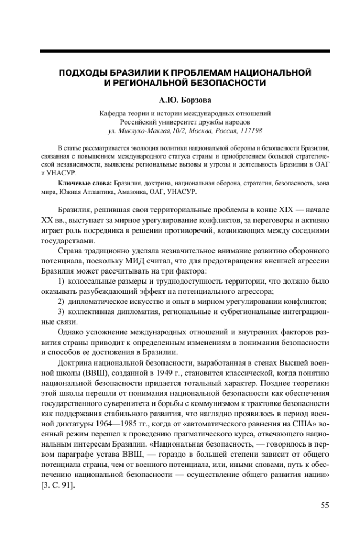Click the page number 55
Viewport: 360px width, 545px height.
[x=324, y=506]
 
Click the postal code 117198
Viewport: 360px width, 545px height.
[x=248, y=130]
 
